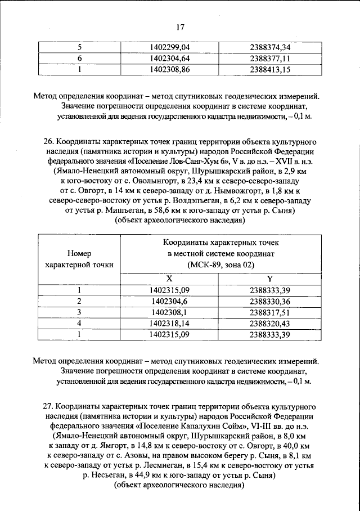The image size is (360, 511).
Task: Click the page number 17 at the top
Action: tap(180, 27)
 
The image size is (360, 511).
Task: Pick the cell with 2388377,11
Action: tap(269, 59)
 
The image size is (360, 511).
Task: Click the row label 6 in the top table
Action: tap(79, 59)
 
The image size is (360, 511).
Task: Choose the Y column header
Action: tap(269, 280)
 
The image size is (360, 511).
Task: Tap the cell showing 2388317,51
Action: tap(269, 312)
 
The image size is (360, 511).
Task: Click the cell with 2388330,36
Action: tap(269, 302)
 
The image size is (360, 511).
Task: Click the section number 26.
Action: tap(49, 137)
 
